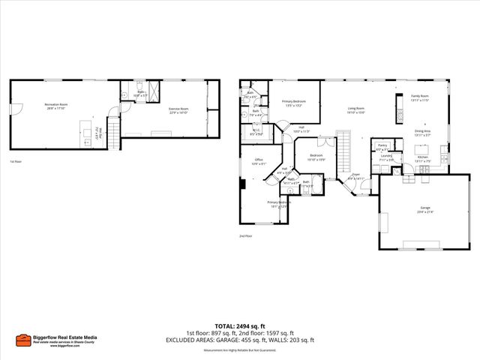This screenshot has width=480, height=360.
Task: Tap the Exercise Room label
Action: [x=178, y=111]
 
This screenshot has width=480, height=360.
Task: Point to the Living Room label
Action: [x=355, y=110]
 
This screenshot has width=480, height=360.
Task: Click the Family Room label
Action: [x=419, y=98]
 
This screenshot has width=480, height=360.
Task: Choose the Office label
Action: [x=258, y=161]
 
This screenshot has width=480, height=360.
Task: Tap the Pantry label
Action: [x=382, y=147]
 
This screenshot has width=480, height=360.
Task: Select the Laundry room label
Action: [x=385, y=158]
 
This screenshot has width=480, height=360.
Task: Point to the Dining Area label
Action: [x=423, y=133]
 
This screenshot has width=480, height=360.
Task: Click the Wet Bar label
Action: [x=97, y=136]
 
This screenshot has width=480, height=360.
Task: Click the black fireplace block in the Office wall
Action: [x=242, y=184]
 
